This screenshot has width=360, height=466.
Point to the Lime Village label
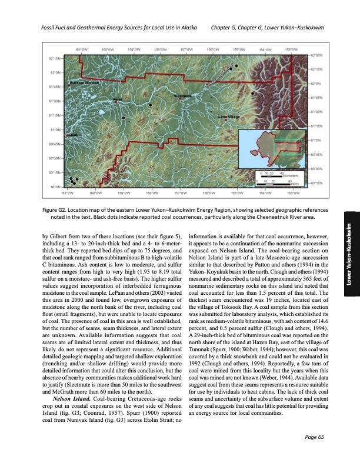228,117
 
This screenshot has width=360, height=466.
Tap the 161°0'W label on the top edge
81,49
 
